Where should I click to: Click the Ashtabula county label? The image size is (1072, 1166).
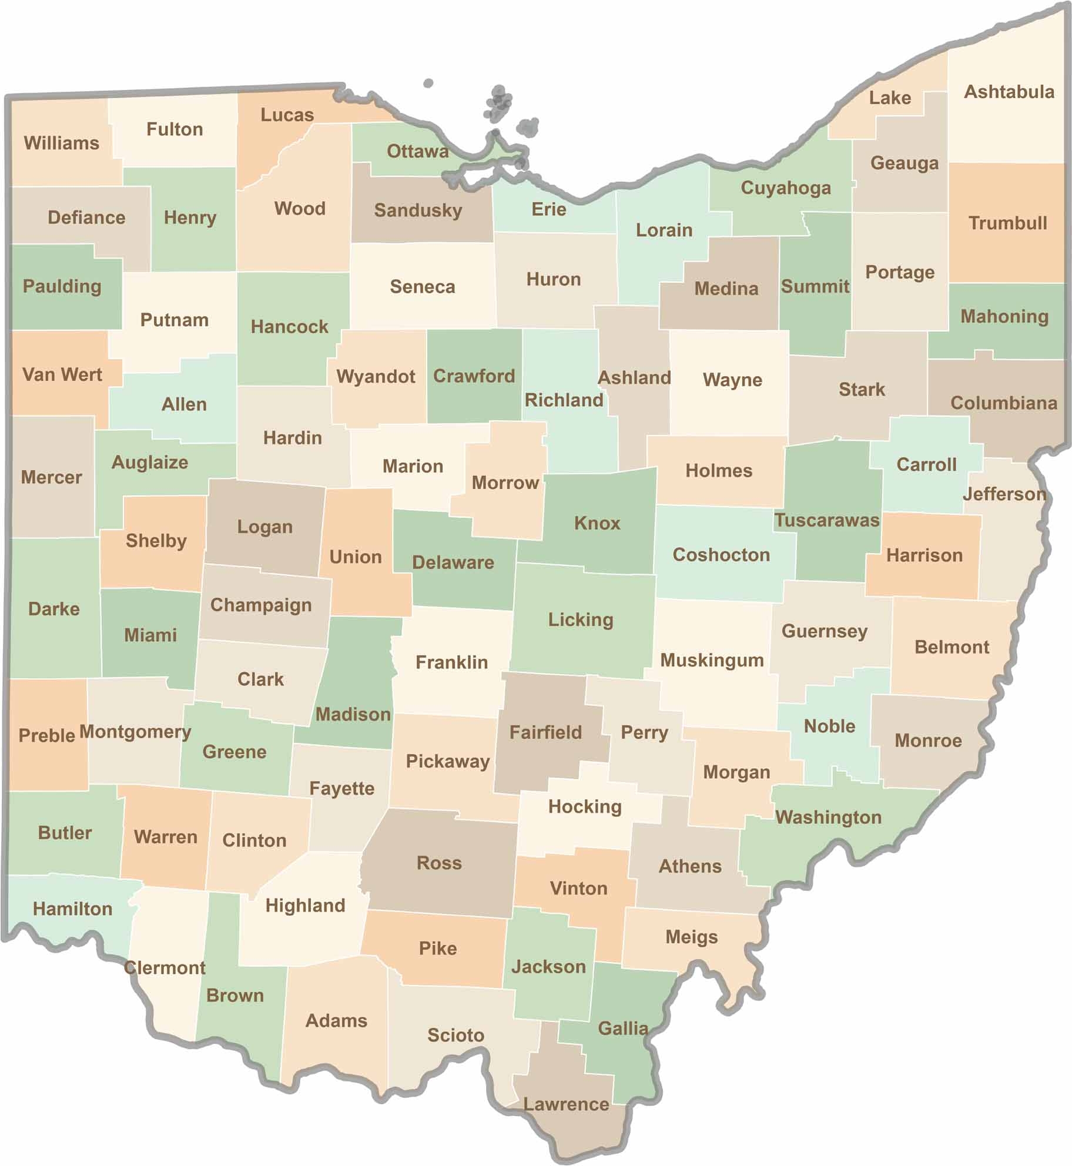(1009, 92)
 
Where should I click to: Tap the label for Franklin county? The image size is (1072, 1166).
(451, 662)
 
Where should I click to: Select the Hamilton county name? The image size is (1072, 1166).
(72, 909)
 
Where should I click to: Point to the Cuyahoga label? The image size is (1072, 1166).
(785, 188)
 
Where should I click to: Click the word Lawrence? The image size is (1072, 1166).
(566, 1104)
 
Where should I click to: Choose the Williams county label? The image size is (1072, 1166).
(62, 143)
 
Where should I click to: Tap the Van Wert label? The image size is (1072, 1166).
(62, 374)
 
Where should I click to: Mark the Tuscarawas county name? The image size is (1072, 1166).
(826, 520)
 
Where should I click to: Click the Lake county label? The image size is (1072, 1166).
(890, 98)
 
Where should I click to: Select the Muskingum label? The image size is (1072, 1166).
(712, 660)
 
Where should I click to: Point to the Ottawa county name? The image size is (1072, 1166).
(417, 152)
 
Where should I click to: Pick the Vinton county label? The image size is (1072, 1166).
(578, 888)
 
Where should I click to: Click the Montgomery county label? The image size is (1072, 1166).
(135, 732)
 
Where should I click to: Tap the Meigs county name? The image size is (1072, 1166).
(691, 937)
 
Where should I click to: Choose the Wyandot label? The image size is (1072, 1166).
(376, 376)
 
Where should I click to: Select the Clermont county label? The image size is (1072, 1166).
(165, 967)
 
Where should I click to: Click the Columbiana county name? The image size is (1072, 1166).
(1003, 403)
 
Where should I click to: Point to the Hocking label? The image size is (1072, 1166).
(585, 806)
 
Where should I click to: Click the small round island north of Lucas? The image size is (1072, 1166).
(428, 83)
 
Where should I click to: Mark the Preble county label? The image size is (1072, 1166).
(47, 735)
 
